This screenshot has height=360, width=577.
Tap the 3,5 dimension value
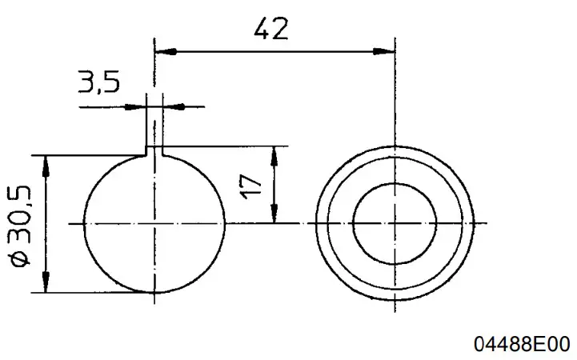[98, 82]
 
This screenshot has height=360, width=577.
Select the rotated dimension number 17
[251, 186]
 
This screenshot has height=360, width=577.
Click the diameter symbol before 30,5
[20, 260]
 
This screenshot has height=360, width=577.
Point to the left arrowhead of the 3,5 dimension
[141, 105]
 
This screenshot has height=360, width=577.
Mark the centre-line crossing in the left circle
[154, 223]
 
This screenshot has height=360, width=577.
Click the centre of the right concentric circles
[395, 223]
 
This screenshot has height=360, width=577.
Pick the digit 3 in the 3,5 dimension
[86, 82]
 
